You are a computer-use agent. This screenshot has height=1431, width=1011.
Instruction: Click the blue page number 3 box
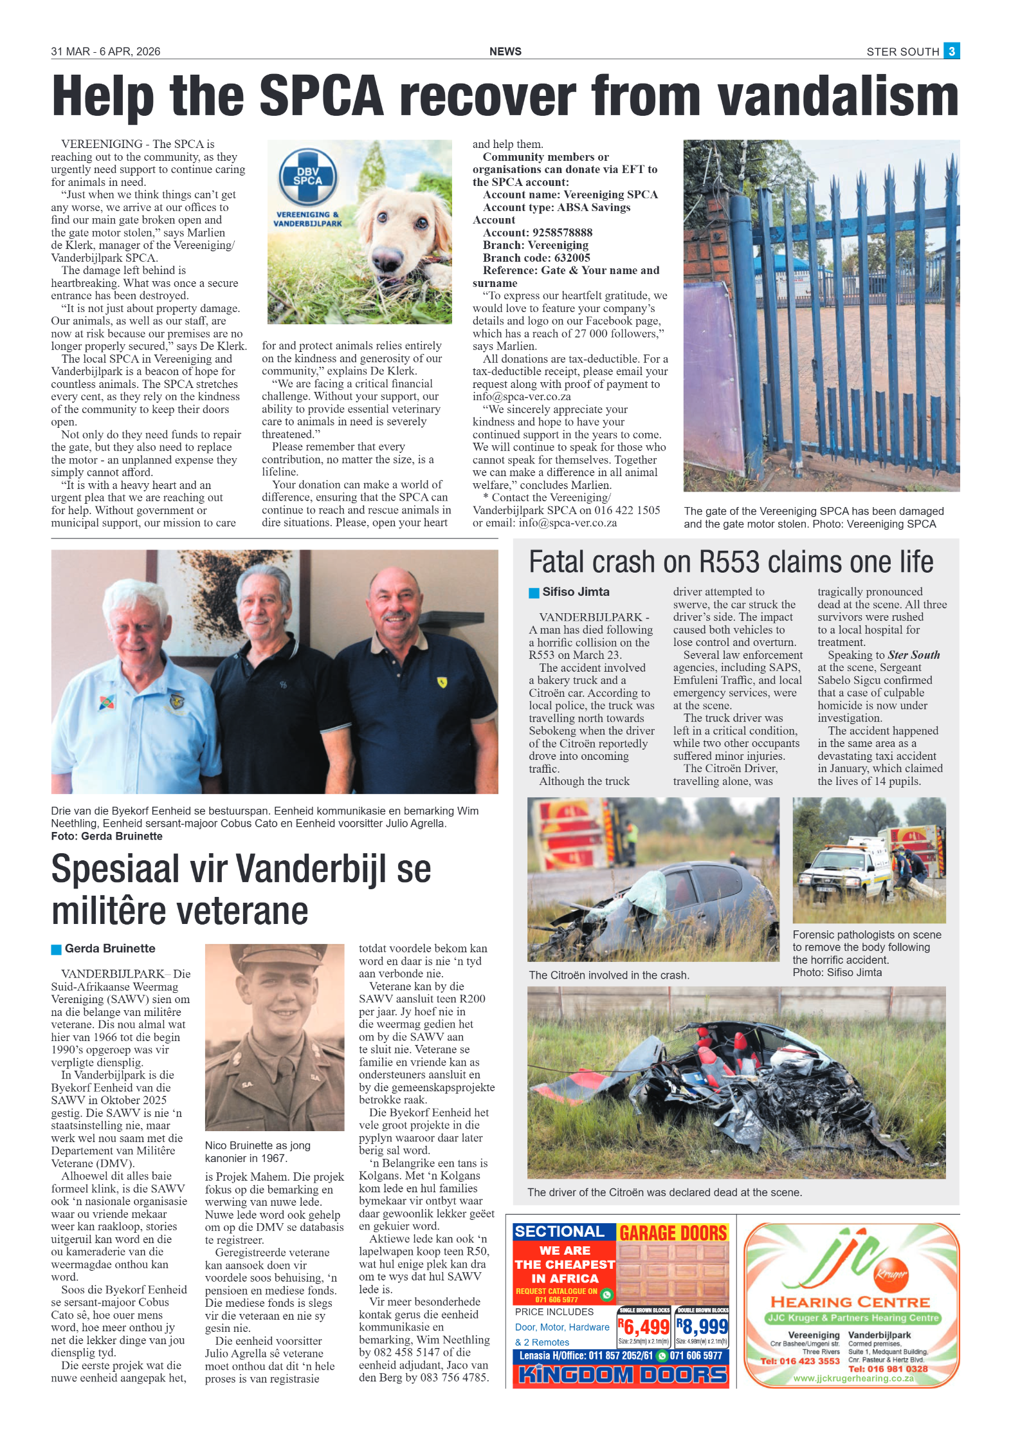point(951,51)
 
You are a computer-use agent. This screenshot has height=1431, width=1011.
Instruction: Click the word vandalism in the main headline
point(837,97)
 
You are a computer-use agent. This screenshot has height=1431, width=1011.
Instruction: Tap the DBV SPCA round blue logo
point(307,176)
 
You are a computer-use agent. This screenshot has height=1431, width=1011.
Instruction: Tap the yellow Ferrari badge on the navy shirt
point(442,682)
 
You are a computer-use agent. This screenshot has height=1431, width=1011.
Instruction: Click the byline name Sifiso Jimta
point(576,592)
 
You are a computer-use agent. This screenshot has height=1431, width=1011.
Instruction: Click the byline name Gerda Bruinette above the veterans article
point(110,948)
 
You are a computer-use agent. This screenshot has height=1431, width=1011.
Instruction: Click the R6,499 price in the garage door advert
point(643,1326)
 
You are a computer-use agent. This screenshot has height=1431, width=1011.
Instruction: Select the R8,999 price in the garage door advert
point(702,1326)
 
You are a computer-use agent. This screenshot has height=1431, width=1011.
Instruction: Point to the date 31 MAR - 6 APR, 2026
point(105,51)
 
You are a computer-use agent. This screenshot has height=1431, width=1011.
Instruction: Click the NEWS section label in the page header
point(505,51)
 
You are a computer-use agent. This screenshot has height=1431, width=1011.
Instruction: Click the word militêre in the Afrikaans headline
point(107,911)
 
